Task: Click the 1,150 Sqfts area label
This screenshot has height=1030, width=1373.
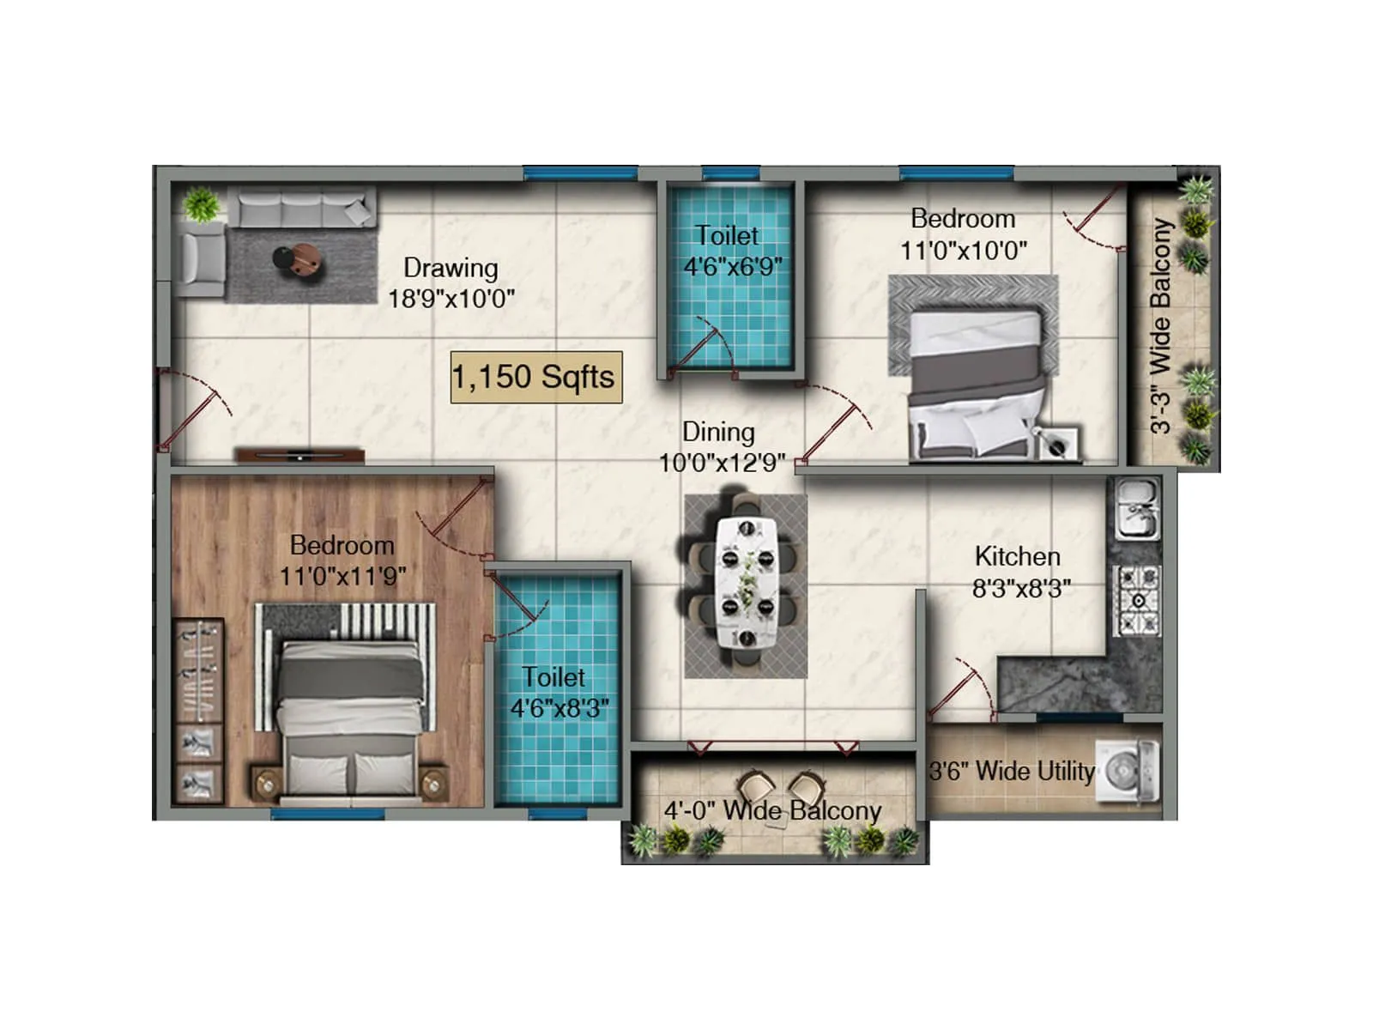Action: (535, 377)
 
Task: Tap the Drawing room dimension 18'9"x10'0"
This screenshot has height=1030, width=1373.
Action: (451, 300)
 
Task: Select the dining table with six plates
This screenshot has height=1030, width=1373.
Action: (747, 582)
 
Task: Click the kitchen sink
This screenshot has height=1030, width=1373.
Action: (1137, 509)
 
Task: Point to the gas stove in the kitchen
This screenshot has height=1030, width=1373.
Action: (1137, 600)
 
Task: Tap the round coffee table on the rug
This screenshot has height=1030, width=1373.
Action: (299, 259)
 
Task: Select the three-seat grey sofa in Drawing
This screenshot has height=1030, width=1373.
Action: (305, 209)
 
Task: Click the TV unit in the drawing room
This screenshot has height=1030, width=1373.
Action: (300, 455)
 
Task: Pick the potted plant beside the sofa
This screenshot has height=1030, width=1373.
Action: (202, 204)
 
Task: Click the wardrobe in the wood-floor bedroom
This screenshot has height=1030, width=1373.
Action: (198, 711)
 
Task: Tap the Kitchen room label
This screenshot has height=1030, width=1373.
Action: (1018, 557)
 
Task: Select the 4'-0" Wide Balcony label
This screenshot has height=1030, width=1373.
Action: (772, 810)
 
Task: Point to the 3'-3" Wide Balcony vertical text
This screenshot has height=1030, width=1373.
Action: (1160, 326)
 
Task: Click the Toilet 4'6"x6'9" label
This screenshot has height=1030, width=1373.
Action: (730, 251)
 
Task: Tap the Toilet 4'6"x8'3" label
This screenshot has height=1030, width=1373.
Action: (558, 692)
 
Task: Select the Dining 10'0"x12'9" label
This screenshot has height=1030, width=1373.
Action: (720, 447)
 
